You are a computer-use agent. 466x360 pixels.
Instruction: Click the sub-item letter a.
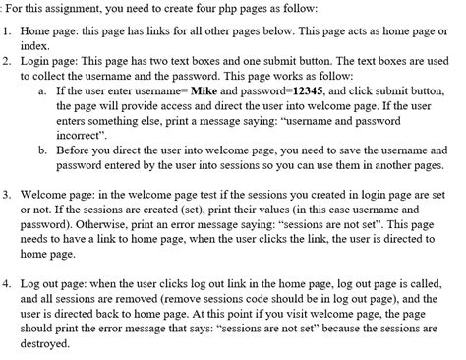click(x=43, y=89)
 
